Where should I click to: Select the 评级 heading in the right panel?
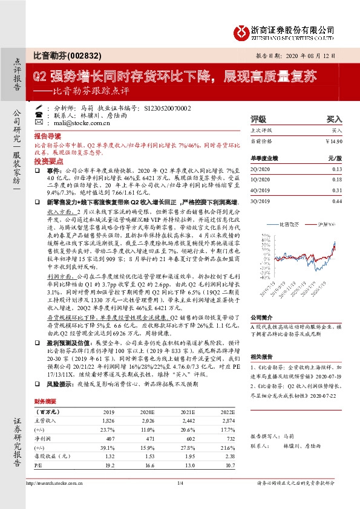(x=258, y=120)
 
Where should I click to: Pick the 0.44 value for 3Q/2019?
(x=337, y=201)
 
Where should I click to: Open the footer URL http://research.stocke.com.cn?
(x=57, y=500)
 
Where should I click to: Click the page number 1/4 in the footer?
(x=179, y=500)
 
